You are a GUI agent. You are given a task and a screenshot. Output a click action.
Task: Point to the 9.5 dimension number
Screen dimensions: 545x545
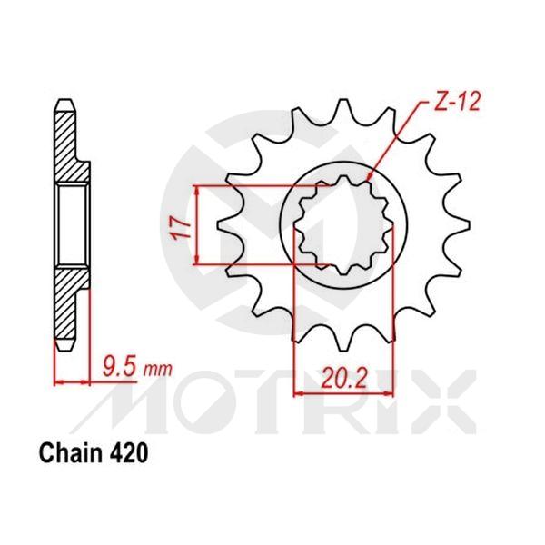pyautogui.click(x=118, y=367)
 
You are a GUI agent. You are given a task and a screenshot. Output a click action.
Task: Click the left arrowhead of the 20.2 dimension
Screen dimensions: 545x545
pyautogui.click(x=295, y=393)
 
